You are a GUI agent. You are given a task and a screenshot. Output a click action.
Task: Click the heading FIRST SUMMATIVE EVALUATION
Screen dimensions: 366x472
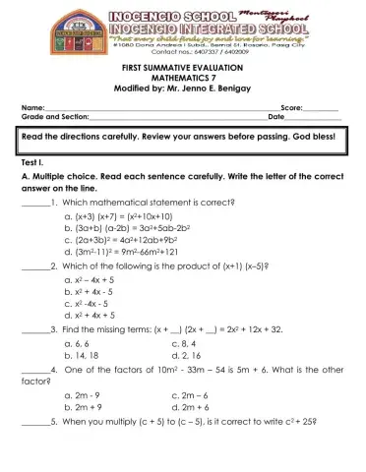pyautogui.click(x=183, y=64)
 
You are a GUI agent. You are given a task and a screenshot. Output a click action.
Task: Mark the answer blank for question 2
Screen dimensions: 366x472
pyautogui.click(x=33, y=266)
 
